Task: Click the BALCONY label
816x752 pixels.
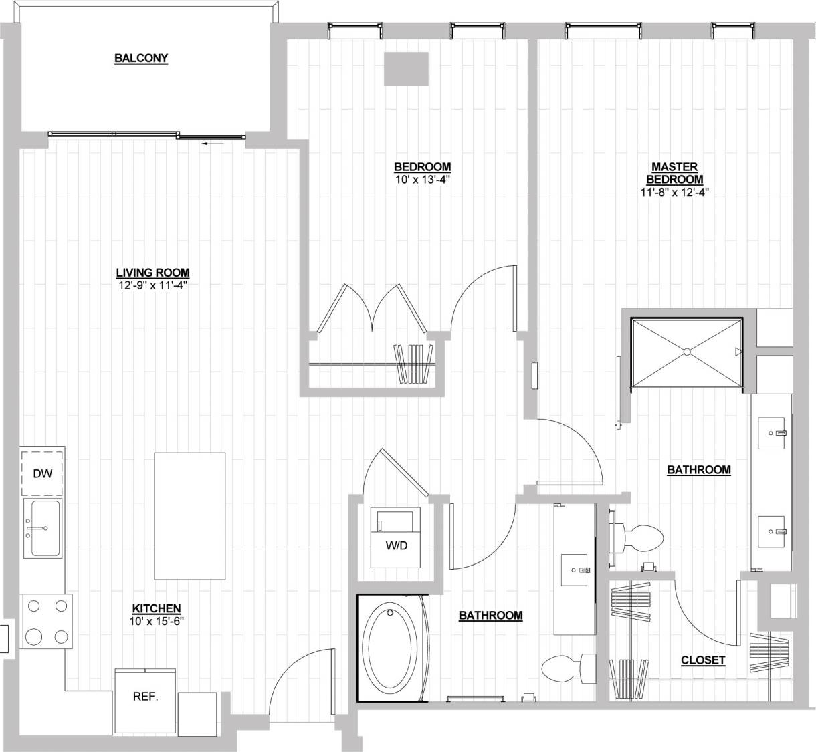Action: pyautogui.click(x=141, y=59)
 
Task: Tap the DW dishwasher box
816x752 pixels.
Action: pyautogui.click(x=43, y=474)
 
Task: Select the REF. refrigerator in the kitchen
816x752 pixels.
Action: pyautogui.click(x=145, y=696)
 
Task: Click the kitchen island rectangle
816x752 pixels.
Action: pyautogui.click(x=190, y=516)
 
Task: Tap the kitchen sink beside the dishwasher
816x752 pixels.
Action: pyautogui.click(x=43, y=528)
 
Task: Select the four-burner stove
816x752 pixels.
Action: pyautogui.click(x=46, y=621)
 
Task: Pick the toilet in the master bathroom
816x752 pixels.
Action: pyautogui.click(x=641, y=536)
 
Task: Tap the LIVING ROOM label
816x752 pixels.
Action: pyautogui.click(x=152, y=273)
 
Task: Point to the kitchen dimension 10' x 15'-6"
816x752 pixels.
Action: pyautogui.click(x=157, y=620)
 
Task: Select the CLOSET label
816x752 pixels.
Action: pyautogui.click(x=702, y=660)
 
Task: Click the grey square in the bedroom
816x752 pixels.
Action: pyautogui.click(x=406, y=69)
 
